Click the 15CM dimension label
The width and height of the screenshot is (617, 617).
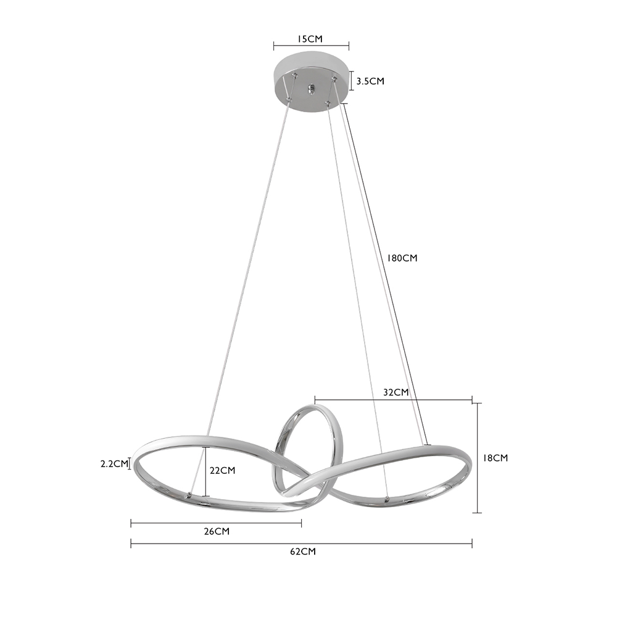[x=310, y=39]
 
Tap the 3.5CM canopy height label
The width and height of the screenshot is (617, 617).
[x=370, y=81]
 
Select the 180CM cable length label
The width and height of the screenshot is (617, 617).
[x=402, y=258]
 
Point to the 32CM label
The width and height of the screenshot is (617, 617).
[x=396, y=392]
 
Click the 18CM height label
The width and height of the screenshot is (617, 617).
[x=495, y=458]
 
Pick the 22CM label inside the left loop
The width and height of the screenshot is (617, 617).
[x=222, y=470]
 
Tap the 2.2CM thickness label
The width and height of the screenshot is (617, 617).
[x=114, y=463]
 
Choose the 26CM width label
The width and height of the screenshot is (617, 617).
[x=216, y=531]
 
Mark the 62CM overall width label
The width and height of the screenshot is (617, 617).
[x=302, y=552]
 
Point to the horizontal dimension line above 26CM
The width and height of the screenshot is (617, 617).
[x=216, y=523]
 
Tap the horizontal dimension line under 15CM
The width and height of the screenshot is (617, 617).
[x=311, y=45]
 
